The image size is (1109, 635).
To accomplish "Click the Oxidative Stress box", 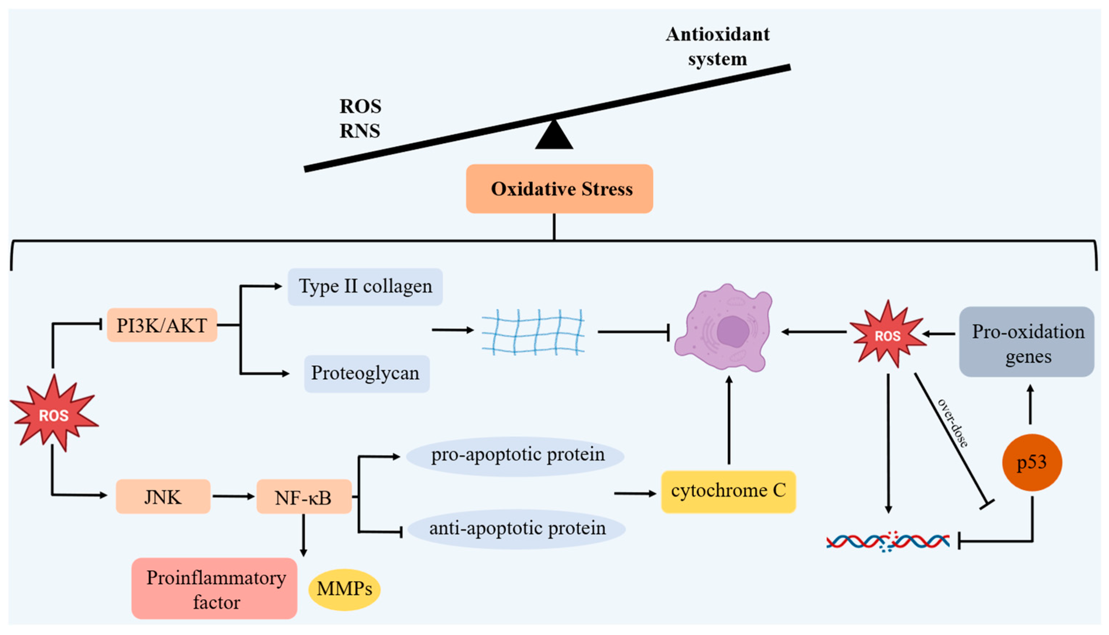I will [559, 189].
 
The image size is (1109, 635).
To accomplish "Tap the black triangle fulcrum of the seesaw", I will [554, 136].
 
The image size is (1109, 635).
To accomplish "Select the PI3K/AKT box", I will [162, 325].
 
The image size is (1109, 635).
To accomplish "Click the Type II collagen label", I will [365, 287].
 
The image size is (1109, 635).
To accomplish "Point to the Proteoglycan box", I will [366, 373].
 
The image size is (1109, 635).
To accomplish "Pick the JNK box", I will [163, 497].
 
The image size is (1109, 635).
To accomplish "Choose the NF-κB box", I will [304, 497].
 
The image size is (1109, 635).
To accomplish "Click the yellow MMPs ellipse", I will [344, 589].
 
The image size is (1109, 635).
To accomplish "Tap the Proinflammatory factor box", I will [215, 589].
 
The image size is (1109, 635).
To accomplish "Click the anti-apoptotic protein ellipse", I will [517, 529].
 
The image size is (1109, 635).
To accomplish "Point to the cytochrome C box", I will [728, 492].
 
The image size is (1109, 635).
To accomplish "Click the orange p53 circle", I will [1031, 462].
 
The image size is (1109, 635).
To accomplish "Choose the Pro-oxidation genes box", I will [1027, 342].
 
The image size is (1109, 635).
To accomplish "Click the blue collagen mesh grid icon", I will [533, 331].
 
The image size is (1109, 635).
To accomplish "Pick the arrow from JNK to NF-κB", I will [233, 496].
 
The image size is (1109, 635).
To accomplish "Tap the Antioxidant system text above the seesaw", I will [717, 46].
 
